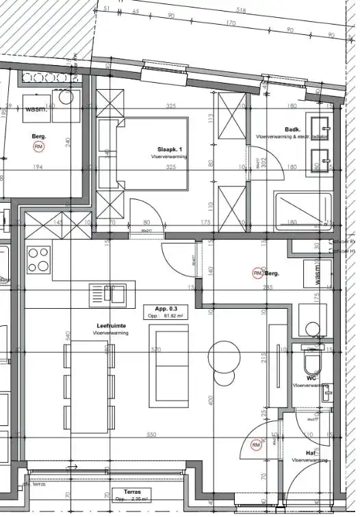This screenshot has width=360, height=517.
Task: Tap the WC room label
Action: click(x=311, y=377)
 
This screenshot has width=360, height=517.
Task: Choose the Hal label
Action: click(x=311, y=453)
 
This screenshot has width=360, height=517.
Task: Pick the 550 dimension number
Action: click(x=151, y=436)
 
